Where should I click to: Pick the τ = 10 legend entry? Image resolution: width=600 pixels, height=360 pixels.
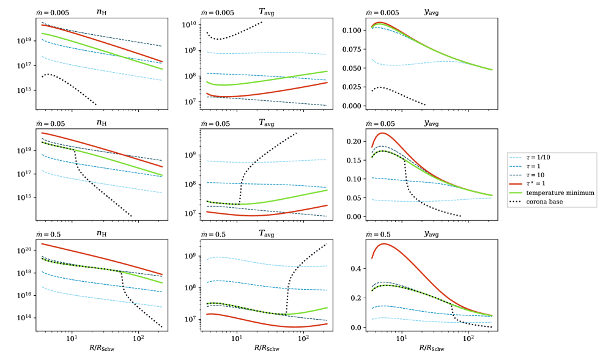pos(541,175)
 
